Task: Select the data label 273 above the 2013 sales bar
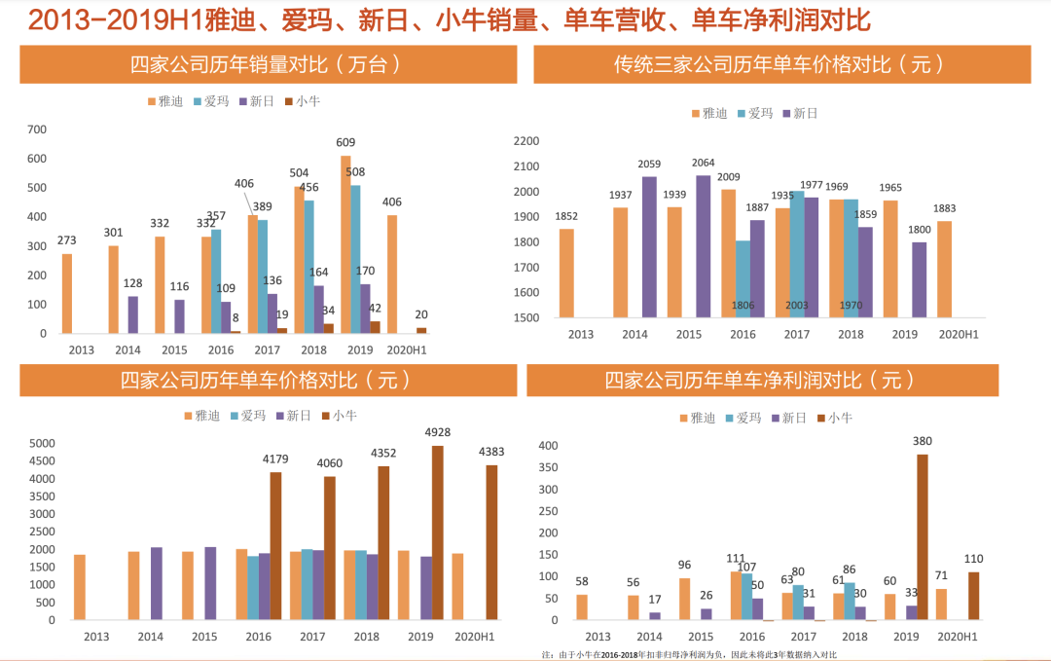(66, 239)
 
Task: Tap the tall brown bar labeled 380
(923, 536)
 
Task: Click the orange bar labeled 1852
(566, 273)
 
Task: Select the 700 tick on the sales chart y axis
(37, 129)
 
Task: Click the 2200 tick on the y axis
(525, 141)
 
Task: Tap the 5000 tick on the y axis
(42, 443)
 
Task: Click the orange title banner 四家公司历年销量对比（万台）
(266, 65)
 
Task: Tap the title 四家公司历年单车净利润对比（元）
(762, 381)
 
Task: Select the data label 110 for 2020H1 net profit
(974, 559)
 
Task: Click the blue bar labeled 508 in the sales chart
(355, 259)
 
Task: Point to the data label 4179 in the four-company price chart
(276, 459)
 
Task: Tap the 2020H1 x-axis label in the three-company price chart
(957, 335)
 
